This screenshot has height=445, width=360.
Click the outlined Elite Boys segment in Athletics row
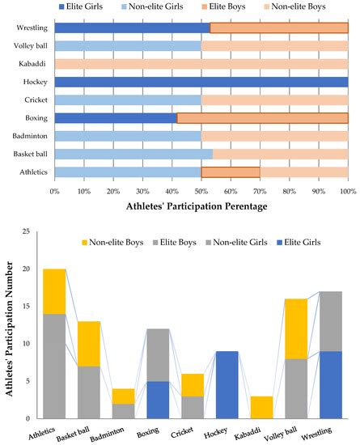pyautogui.click(x=231, y=172)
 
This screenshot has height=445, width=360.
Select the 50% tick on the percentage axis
pyautogui.click(x=201, y=191)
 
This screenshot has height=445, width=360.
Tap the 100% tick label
pyautogui.click(x=347, y=191)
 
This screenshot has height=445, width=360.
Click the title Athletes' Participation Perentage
pyautogui.click(x=201, y=207)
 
